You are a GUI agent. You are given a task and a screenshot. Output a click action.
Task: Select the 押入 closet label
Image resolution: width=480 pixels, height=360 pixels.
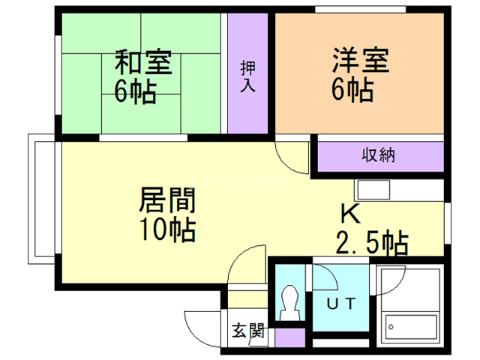click(247, 76)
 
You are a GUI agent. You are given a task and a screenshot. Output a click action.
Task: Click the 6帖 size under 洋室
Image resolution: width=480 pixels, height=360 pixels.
click(352, 91)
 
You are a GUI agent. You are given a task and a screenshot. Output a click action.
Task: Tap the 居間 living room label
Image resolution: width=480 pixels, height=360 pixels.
click(167, 201)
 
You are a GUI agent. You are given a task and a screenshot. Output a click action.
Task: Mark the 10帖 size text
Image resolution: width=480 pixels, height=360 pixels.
click(166, 229)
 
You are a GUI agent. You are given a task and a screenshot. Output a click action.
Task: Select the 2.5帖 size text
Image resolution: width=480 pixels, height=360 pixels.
click(371, 243)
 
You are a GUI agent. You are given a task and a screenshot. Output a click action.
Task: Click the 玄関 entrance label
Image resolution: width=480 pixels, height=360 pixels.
click(247, 329)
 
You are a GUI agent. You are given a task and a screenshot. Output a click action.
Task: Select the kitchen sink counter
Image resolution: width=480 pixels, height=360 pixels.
click(398, 190)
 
